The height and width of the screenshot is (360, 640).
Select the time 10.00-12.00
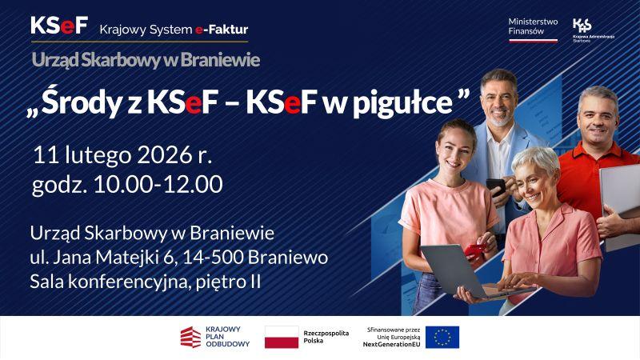(158, 184)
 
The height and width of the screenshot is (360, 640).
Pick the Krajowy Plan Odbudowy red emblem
(191, 338)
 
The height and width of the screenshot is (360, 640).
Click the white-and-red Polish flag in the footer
(281, 338)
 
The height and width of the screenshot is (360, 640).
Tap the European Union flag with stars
(442, 338)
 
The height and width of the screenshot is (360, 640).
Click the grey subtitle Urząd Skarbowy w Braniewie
(146, 59)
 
